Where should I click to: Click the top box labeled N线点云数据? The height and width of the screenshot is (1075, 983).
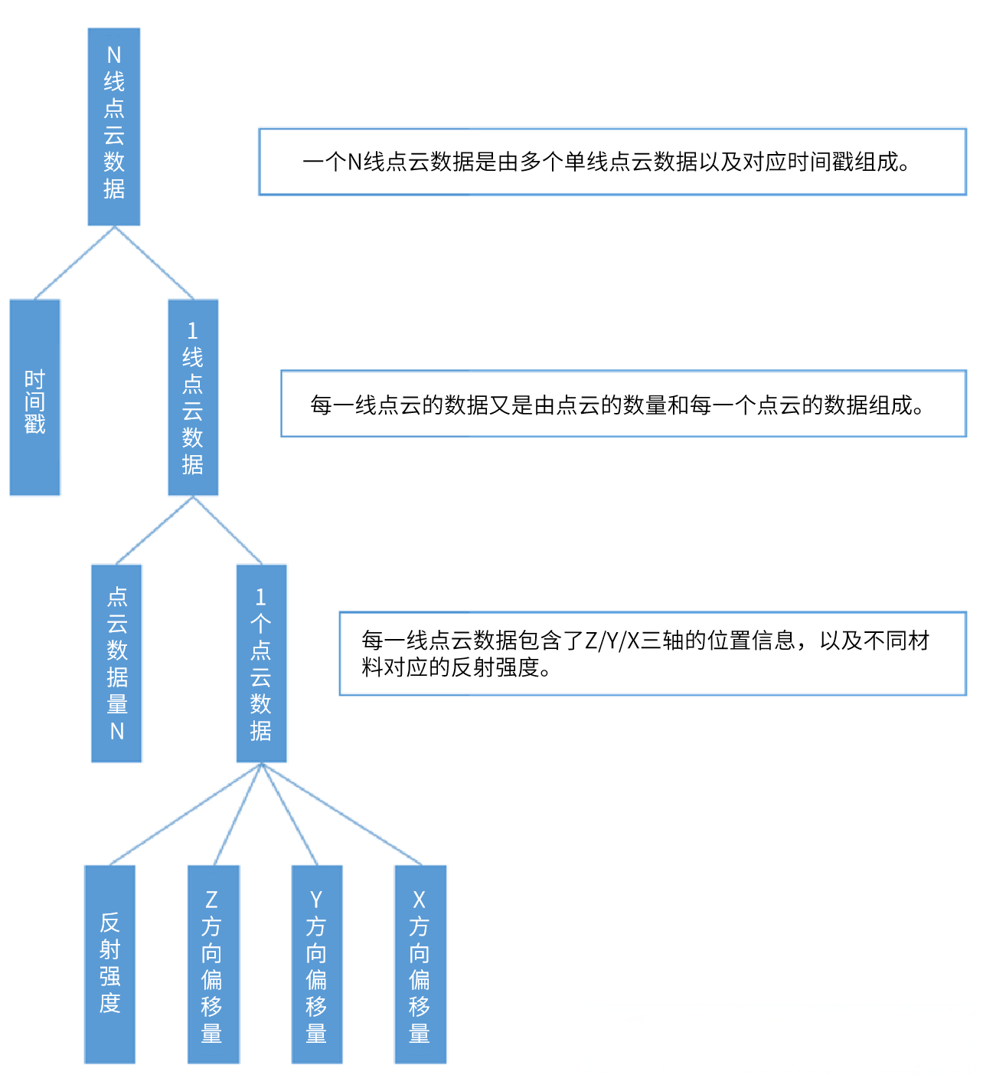114,126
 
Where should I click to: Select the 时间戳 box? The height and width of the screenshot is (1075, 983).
35,397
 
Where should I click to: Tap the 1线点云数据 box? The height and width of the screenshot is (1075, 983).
193,397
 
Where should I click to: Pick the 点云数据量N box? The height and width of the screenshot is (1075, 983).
116,663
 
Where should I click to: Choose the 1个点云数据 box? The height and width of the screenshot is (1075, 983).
261,663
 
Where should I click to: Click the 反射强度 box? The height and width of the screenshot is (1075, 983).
110,964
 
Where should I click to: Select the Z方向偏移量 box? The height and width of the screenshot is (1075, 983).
213,964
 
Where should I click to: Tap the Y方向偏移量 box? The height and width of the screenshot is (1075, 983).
316,964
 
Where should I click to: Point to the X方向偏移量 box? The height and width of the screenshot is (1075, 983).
420,964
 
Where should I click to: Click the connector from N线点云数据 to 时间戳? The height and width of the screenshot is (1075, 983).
75,262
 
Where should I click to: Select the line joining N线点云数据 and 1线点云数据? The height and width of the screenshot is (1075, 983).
153,262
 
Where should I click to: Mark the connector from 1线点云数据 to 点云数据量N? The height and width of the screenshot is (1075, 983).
155,530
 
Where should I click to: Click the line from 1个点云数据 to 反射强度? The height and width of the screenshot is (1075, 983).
186,814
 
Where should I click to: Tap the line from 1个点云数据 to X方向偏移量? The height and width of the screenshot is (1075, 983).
341,814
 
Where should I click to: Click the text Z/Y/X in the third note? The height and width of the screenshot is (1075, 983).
612,641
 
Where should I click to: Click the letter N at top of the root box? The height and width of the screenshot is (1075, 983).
114,55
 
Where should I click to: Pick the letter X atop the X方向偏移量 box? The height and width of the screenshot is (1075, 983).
420,900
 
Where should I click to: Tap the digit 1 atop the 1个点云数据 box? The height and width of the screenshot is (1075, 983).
261,597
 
